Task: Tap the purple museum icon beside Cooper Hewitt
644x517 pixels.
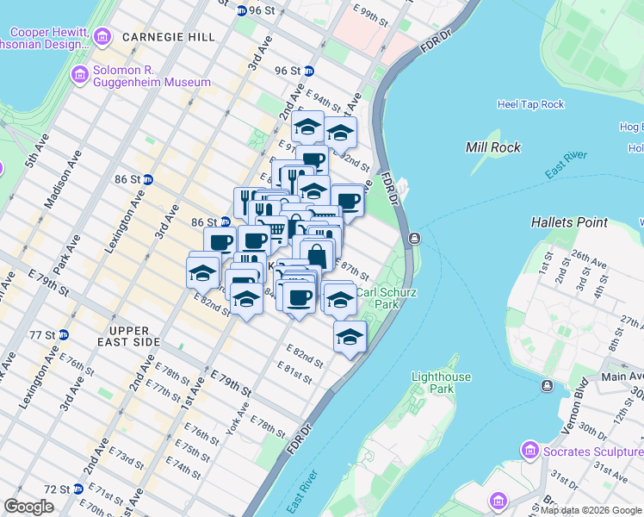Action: (x=102, y=37)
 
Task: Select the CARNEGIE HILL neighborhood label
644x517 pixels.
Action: (x=168, y=37)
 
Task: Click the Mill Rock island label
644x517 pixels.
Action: (x=493, y=147)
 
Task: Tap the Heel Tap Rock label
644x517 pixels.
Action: (x=530, y=104)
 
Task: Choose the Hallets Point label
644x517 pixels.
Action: (x=569, y=222)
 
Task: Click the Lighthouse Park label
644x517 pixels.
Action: (x=441, y=383)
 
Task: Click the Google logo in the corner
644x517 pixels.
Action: (x=29, y=507)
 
